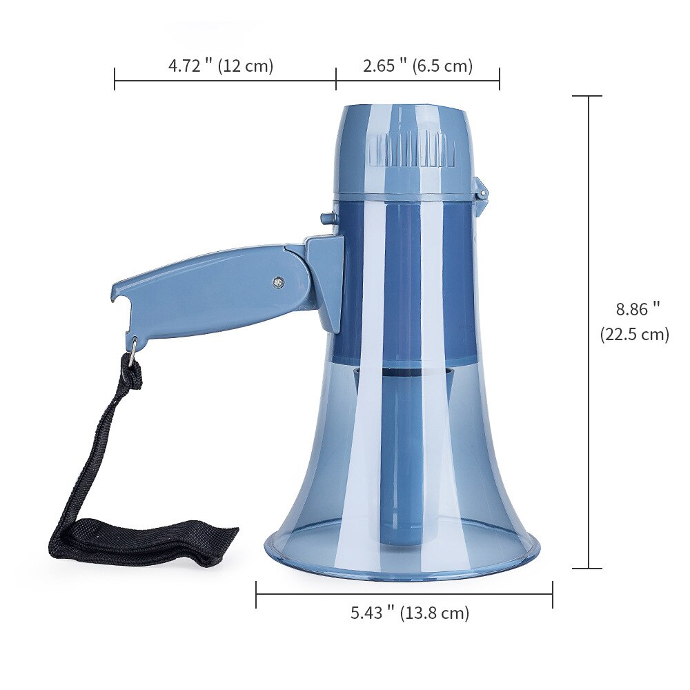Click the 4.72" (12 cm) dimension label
[221, 66]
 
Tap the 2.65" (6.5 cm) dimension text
[417, 66]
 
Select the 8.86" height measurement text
[638, 309]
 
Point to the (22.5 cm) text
[635, 335]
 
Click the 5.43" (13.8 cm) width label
[410, 612]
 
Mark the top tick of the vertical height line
[589, 97]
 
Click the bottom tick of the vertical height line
[589, 569]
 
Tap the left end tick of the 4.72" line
[115, 79]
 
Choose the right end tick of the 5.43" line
[553, 594]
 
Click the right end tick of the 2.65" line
[500, 79]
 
